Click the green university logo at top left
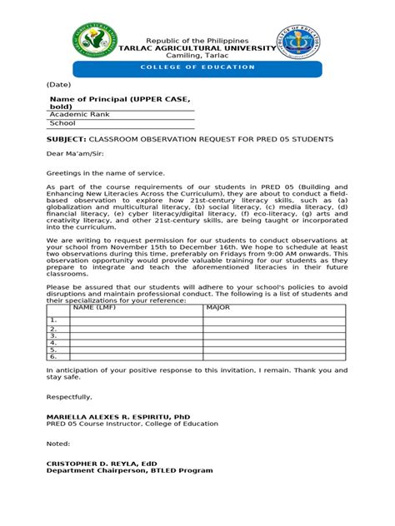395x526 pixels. tap(94, 42)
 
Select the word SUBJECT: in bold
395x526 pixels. tap(66, 139)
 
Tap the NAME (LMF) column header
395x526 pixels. tap(93, 307)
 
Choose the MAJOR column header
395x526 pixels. tap(217, 307)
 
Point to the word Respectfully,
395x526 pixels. tap(70, 397)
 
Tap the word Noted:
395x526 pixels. tap(59, 444)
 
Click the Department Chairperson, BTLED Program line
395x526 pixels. tap(129, 470)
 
